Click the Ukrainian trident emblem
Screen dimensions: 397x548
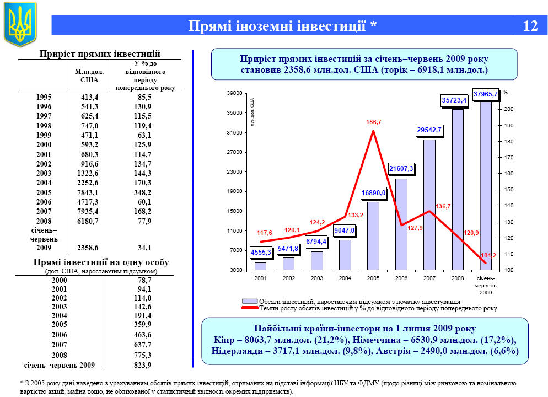click(20, 24)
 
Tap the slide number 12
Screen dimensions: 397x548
click(530, 26)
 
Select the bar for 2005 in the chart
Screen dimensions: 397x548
click(373, 236)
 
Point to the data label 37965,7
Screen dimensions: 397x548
click(485, 94)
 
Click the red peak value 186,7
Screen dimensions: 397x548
click(374, 121)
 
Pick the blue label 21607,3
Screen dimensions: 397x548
click(401, 168)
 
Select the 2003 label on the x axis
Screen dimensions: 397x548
click(317, 278)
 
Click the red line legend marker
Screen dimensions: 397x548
click(250, 308)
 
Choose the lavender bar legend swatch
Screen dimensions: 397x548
click(250, 302)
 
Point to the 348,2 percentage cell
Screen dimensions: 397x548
click(142, 194)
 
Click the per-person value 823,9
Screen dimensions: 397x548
click(142, 365)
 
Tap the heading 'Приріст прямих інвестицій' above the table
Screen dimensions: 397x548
click(100, 53)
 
